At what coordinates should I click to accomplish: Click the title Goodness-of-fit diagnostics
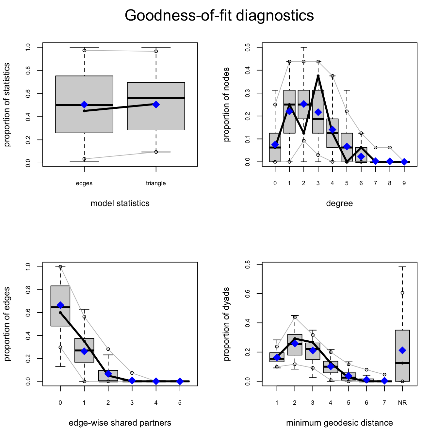click(x=219, y=15)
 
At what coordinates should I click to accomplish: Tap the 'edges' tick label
click(x=84, y=183)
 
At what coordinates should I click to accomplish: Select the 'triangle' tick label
click(x=156, y=183)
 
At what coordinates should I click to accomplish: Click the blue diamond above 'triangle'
click(x=156, y=105)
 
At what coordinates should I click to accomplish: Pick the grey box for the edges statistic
click(x=84, y=91)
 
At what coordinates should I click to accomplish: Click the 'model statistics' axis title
click(x=120, y=203)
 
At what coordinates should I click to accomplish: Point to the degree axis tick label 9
click(x=404, y=183)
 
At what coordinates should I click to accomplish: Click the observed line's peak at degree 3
click(x=318, y=76)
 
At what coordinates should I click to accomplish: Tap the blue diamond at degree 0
click(x=275, y=145)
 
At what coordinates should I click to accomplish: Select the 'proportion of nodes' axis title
click(x=226, y=105)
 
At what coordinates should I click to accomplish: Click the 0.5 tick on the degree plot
click(x=248, y=47)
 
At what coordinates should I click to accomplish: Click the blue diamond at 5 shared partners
click(x=180, y=381)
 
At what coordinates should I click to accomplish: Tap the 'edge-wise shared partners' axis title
click(x=120, y=423)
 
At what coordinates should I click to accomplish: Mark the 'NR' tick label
click(x=402, y=403)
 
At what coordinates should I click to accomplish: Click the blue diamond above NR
click(x=402, y=350)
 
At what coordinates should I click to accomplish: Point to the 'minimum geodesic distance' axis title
click(x=339, y=423)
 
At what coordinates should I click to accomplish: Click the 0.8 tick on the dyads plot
click(x=248, y=264)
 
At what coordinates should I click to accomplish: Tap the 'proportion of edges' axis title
click(x=7, y=324)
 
